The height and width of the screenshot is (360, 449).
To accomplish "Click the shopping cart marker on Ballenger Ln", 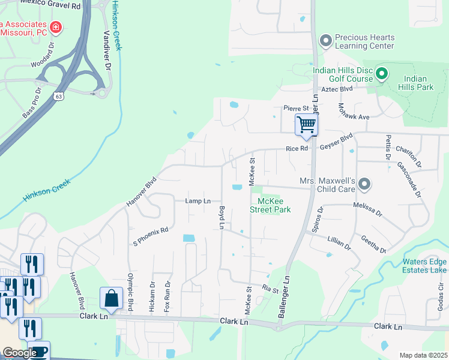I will coord(306,125).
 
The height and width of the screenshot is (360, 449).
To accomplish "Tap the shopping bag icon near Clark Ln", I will coord(112,298).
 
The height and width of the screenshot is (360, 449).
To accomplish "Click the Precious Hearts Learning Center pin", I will coord(326,41).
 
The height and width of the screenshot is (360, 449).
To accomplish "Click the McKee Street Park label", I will coord(274,205).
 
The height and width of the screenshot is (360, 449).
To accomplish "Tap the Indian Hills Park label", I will coord(418,83).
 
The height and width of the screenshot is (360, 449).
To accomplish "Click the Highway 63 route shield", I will coord(58,95).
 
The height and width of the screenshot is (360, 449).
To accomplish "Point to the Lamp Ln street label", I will coord(198,201).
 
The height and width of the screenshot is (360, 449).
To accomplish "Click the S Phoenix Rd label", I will coord(151,236).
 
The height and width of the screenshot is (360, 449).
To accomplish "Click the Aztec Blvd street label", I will coord(337,88).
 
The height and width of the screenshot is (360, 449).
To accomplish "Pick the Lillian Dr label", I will coord(339,243).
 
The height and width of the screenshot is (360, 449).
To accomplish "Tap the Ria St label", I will coord(271,289).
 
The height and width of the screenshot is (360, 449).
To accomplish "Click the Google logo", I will coord(20,353).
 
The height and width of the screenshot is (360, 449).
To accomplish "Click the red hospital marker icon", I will coord(56,26).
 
